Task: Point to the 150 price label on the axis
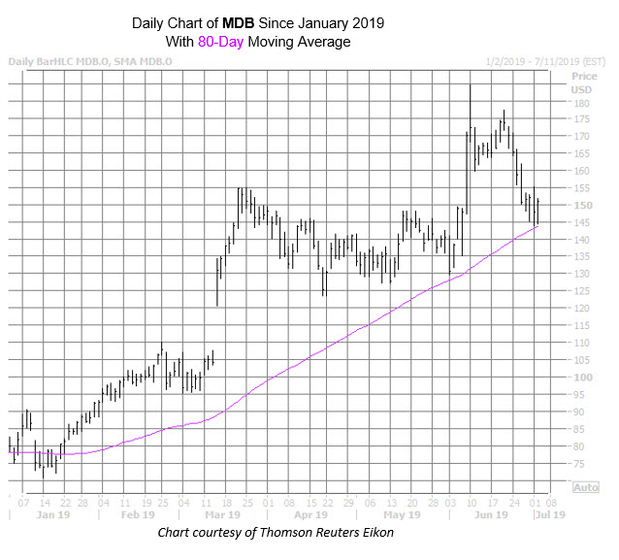coord(581,205)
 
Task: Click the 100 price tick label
coord(581,377)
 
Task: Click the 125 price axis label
coord(581,291)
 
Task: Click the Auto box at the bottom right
coord(586,488)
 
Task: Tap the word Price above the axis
coord(584,75)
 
